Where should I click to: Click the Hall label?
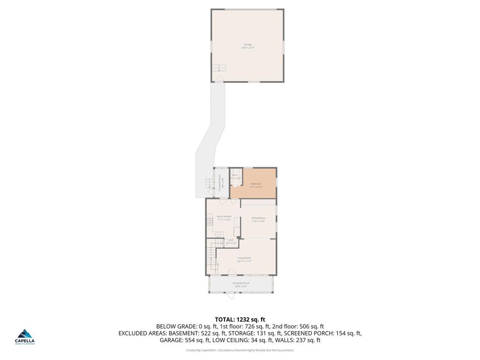[x=231, y=241]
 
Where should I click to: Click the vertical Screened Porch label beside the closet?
[x=220, y=182]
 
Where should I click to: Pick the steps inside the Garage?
[x=218, y=67]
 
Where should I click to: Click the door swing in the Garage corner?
[x=219, y=77]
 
